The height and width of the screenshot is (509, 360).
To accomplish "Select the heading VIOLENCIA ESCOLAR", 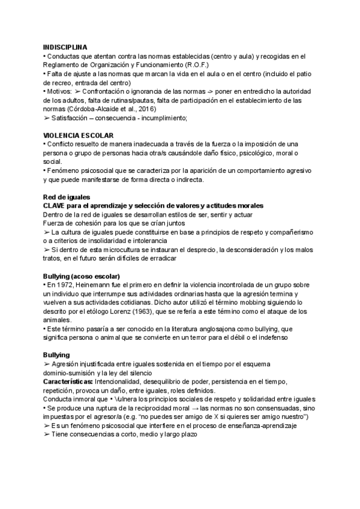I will point(79,136).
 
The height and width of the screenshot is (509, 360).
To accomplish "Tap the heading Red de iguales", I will point(67,197).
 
